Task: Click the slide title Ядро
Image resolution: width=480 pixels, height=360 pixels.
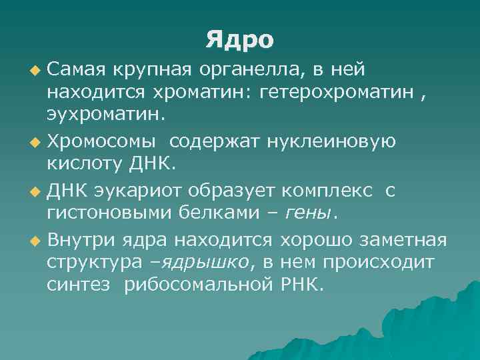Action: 240,39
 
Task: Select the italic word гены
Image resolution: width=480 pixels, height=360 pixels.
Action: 308,213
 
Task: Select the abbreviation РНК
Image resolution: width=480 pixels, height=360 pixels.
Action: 302,287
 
